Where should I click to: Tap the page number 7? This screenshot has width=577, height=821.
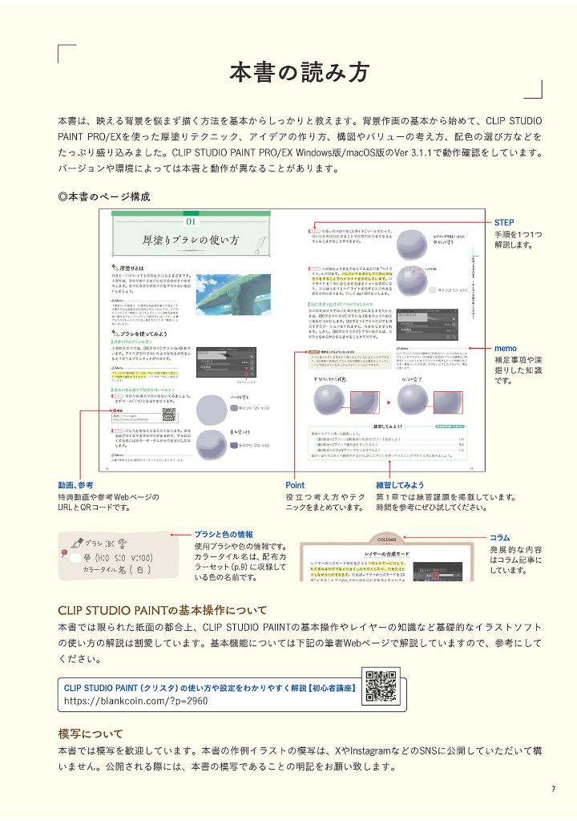point(552,789)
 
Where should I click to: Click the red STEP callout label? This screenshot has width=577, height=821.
point(504,222)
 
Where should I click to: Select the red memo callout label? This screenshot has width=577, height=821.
point(505,349)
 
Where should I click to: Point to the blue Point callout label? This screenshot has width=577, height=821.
point(295,485)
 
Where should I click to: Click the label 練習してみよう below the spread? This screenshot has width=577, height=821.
point(400,485)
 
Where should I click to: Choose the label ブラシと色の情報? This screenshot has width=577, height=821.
point(224,534)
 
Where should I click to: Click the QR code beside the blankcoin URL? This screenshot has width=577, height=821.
point(377,686)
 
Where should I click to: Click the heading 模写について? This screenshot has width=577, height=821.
point(91,734)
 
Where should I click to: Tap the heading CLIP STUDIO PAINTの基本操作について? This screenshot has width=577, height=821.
point(163,610)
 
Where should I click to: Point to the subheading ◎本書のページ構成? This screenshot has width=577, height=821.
point(104,196)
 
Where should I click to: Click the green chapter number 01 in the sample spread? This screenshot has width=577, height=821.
point(192,221)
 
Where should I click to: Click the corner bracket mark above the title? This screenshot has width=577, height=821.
point(67,52)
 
